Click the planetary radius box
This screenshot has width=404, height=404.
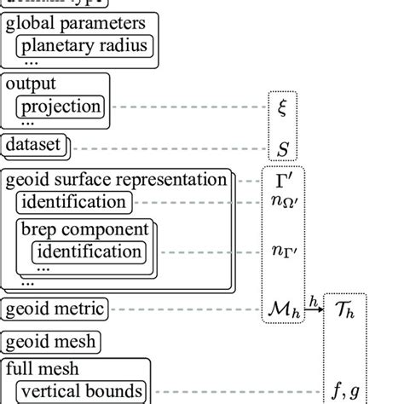(84, 45)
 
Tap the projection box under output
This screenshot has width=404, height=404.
(61, 107)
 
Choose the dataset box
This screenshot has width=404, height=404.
(34, 145)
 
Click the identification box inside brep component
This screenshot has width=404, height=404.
(89, 251)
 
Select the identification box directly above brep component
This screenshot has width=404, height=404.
(75, 203)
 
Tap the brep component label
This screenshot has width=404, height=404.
(84, 229)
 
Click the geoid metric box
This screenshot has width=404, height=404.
(56, 309)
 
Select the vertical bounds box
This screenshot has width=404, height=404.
(82, 391)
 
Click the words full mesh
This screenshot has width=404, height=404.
(43, 371)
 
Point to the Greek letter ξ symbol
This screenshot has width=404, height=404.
(283, 107)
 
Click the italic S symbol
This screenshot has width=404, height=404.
(283, 148)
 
